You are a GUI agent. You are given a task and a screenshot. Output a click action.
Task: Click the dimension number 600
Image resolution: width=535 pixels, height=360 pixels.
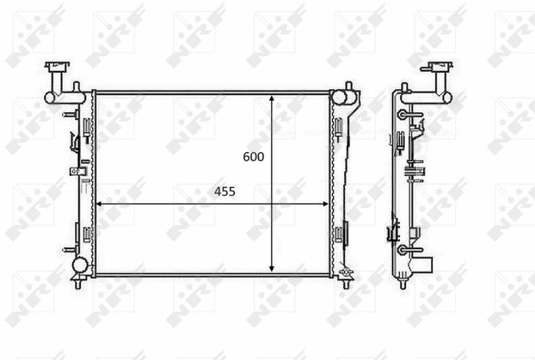pos(253,157)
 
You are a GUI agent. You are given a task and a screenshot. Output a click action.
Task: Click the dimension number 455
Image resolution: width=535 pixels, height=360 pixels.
pos(225,192)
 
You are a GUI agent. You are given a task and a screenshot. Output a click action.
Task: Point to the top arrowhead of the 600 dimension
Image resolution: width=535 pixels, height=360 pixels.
pos(272,99)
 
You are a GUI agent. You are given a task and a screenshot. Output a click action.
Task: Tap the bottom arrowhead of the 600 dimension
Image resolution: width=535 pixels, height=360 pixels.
pos(272,268)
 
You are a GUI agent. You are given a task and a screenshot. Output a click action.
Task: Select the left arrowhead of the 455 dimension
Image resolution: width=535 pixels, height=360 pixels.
pos(99,204)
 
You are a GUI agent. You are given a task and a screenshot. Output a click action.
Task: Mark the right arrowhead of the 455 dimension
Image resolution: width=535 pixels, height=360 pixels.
pos(324,204)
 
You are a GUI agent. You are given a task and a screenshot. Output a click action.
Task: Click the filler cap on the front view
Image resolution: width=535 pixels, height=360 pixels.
pos(57,66)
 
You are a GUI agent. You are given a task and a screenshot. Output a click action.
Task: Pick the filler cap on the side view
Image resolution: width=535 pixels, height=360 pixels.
pos(437,66)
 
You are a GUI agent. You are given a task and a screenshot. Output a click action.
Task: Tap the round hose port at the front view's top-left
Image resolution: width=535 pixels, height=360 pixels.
pos(49,98)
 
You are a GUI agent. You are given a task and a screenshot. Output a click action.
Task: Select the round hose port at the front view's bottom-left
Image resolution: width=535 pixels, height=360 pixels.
pos(80,264)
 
